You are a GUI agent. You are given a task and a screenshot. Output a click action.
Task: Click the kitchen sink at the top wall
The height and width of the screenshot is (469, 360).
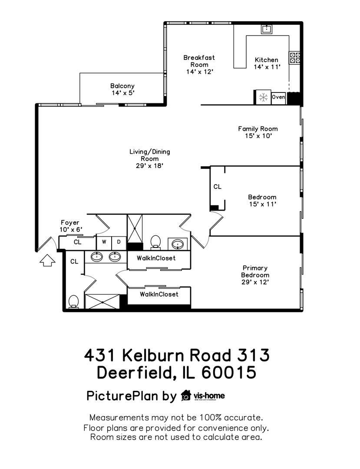pos(266,29)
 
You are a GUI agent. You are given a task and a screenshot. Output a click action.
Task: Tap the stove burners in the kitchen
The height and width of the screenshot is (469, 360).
pos(296,58)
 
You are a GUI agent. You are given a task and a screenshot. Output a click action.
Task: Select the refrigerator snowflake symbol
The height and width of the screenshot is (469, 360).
pos(263,97)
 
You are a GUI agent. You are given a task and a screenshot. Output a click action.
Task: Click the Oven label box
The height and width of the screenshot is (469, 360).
pos(278,97)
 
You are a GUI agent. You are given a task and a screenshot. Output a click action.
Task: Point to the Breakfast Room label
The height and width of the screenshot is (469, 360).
pos(199,64)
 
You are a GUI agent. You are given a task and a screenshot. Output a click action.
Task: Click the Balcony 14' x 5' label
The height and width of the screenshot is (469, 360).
pos(122,89)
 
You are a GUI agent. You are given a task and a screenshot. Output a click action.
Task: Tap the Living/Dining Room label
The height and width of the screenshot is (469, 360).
pos(149,159)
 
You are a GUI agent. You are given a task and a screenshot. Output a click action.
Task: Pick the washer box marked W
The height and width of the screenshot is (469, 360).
pos(104,242)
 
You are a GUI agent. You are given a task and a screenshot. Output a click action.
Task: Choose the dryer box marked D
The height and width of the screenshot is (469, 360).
pos(119,242)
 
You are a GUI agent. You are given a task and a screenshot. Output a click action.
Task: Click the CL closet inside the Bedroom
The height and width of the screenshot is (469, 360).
pos(218,187)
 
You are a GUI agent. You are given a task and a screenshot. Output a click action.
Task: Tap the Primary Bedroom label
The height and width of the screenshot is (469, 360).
pos(255,275)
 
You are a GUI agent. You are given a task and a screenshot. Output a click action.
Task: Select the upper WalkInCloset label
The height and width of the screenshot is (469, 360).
pos(156,258)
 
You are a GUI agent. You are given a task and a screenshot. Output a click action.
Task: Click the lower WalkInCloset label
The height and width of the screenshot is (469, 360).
pos(159,294)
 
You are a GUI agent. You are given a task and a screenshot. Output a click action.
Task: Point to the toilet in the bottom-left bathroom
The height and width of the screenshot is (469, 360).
pos(73,301)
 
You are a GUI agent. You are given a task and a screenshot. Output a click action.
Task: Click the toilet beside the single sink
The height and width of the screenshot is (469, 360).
pos(155,242)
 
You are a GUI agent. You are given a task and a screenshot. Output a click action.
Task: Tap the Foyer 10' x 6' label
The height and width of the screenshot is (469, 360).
pos(70,226)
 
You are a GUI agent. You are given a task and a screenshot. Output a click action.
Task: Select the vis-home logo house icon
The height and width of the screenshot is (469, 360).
pos(186,396)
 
